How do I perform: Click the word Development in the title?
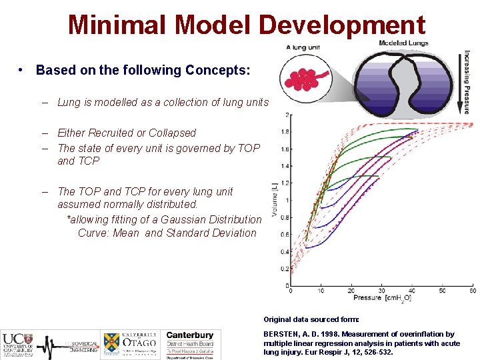pyautogui.click(x=341, y=25)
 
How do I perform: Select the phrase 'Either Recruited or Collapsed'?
pyautogui.click(x=127, y=133)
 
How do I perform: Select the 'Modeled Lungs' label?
pyautogui.click(x=403, y=43)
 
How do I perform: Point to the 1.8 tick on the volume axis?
pyautogui.click(x=285, y=132)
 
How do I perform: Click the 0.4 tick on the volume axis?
pyautogui.click(x=285, y=252)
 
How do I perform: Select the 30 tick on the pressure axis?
pyautogui.click(x=382, y=291)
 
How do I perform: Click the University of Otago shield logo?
pyautogui.click(x=111, y=344)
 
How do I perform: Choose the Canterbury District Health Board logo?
pyautogui.click(x=190, y=344)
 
